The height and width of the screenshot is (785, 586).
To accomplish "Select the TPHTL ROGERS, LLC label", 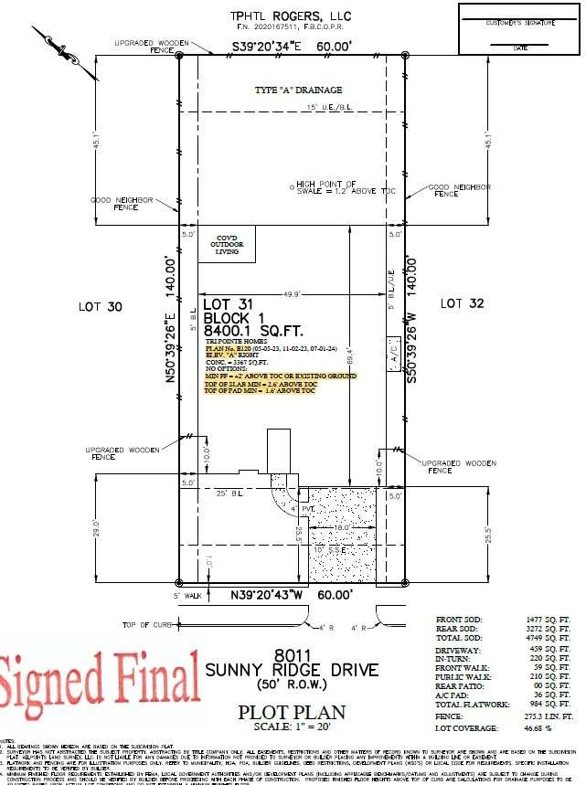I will coord(290,16).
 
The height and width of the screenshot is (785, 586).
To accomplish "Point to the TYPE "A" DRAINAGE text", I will coord(298,90).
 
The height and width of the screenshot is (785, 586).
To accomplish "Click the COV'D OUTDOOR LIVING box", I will coord(227,246).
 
